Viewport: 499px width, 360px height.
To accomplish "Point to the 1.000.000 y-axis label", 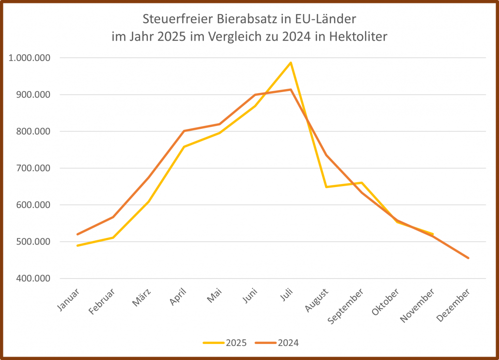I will (30, 58).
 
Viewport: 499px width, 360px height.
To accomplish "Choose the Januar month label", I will (69, 299).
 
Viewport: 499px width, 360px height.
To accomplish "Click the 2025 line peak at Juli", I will (291, 63).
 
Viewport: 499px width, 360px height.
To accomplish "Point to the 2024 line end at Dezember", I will (468, 258).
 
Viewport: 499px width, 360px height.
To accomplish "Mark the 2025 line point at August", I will (327, 187).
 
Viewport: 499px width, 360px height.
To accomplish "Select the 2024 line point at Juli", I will (291, 90).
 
